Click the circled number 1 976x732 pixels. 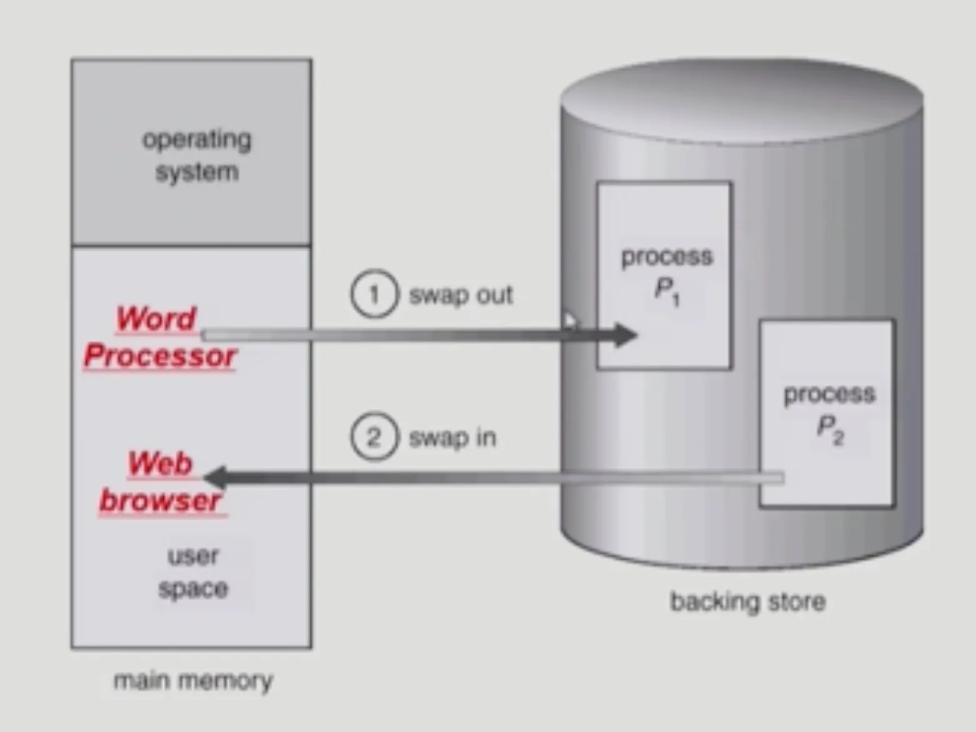click(374, 294)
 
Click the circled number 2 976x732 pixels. click(374, 437)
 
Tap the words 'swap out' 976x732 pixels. click(461, 295)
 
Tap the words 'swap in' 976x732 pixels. click(452, 437)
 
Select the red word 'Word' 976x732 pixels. click(156, 319)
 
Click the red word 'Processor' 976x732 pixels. click(160, 356)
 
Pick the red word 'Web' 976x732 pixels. click(160, 463)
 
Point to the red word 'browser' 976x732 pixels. click(161, 501)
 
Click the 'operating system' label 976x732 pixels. click(197, 156)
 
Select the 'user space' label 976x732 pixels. click(193, 572)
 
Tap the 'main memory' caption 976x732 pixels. click(193, 680)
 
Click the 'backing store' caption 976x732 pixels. click(748, 601)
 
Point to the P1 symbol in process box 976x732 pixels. click(667, 290)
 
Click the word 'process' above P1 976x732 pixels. click(667, 256)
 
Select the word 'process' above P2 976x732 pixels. click(830, 393)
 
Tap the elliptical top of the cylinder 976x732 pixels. click(742, 100)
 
